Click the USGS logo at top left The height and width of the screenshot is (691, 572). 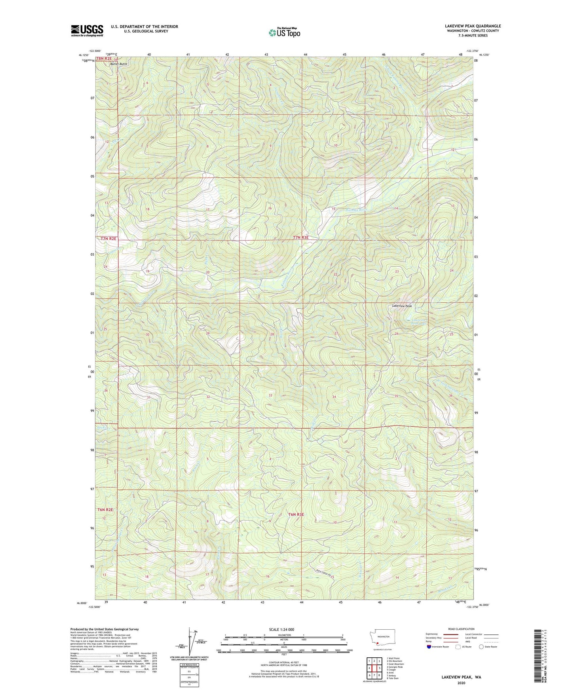(x=87, y=30)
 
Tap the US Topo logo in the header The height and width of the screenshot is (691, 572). (x=284, y=32)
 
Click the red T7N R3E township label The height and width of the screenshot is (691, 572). (x=300, y=237)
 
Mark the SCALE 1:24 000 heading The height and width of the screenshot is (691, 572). (x=281, y=629)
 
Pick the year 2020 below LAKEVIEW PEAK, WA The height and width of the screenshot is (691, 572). (x=461, y=683)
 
